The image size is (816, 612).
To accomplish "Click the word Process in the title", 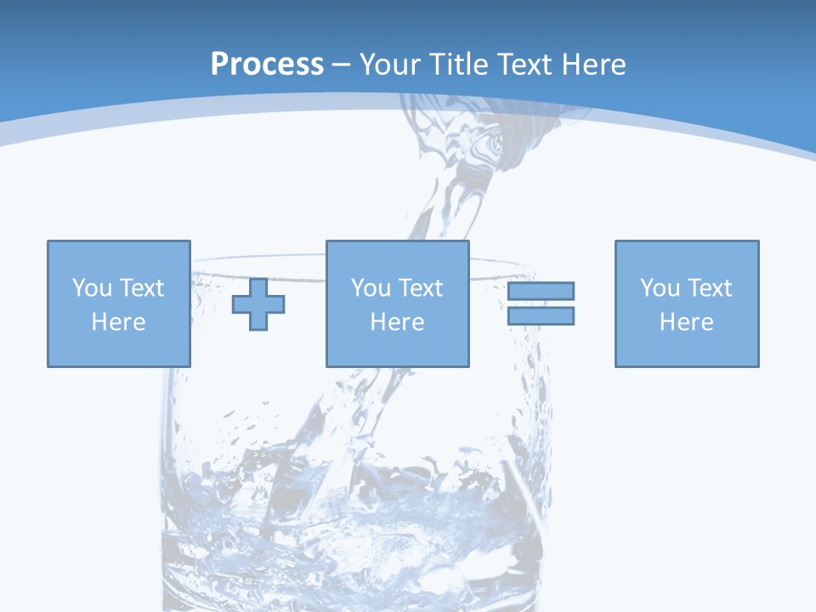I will tap(267, 65).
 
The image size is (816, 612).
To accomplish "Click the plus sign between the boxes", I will tap(258, 304).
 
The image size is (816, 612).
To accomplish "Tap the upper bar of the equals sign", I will tap(541, 292).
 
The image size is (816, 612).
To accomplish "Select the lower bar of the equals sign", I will tap(541, 315).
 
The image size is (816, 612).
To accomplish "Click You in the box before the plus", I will tap(92, 288).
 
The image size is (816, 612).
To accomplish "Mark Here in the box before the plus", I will tap(118, 322).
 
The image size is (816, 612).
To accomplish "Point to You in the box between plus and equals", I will tap(371, 288).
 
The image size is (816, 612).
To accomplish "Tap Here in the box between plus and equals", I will tap(397, 322).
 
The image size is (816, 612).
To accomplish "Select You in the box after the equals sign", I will tap(660, 288).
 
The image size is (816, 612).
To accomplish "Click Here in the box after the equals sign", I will tap(686, 322).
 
